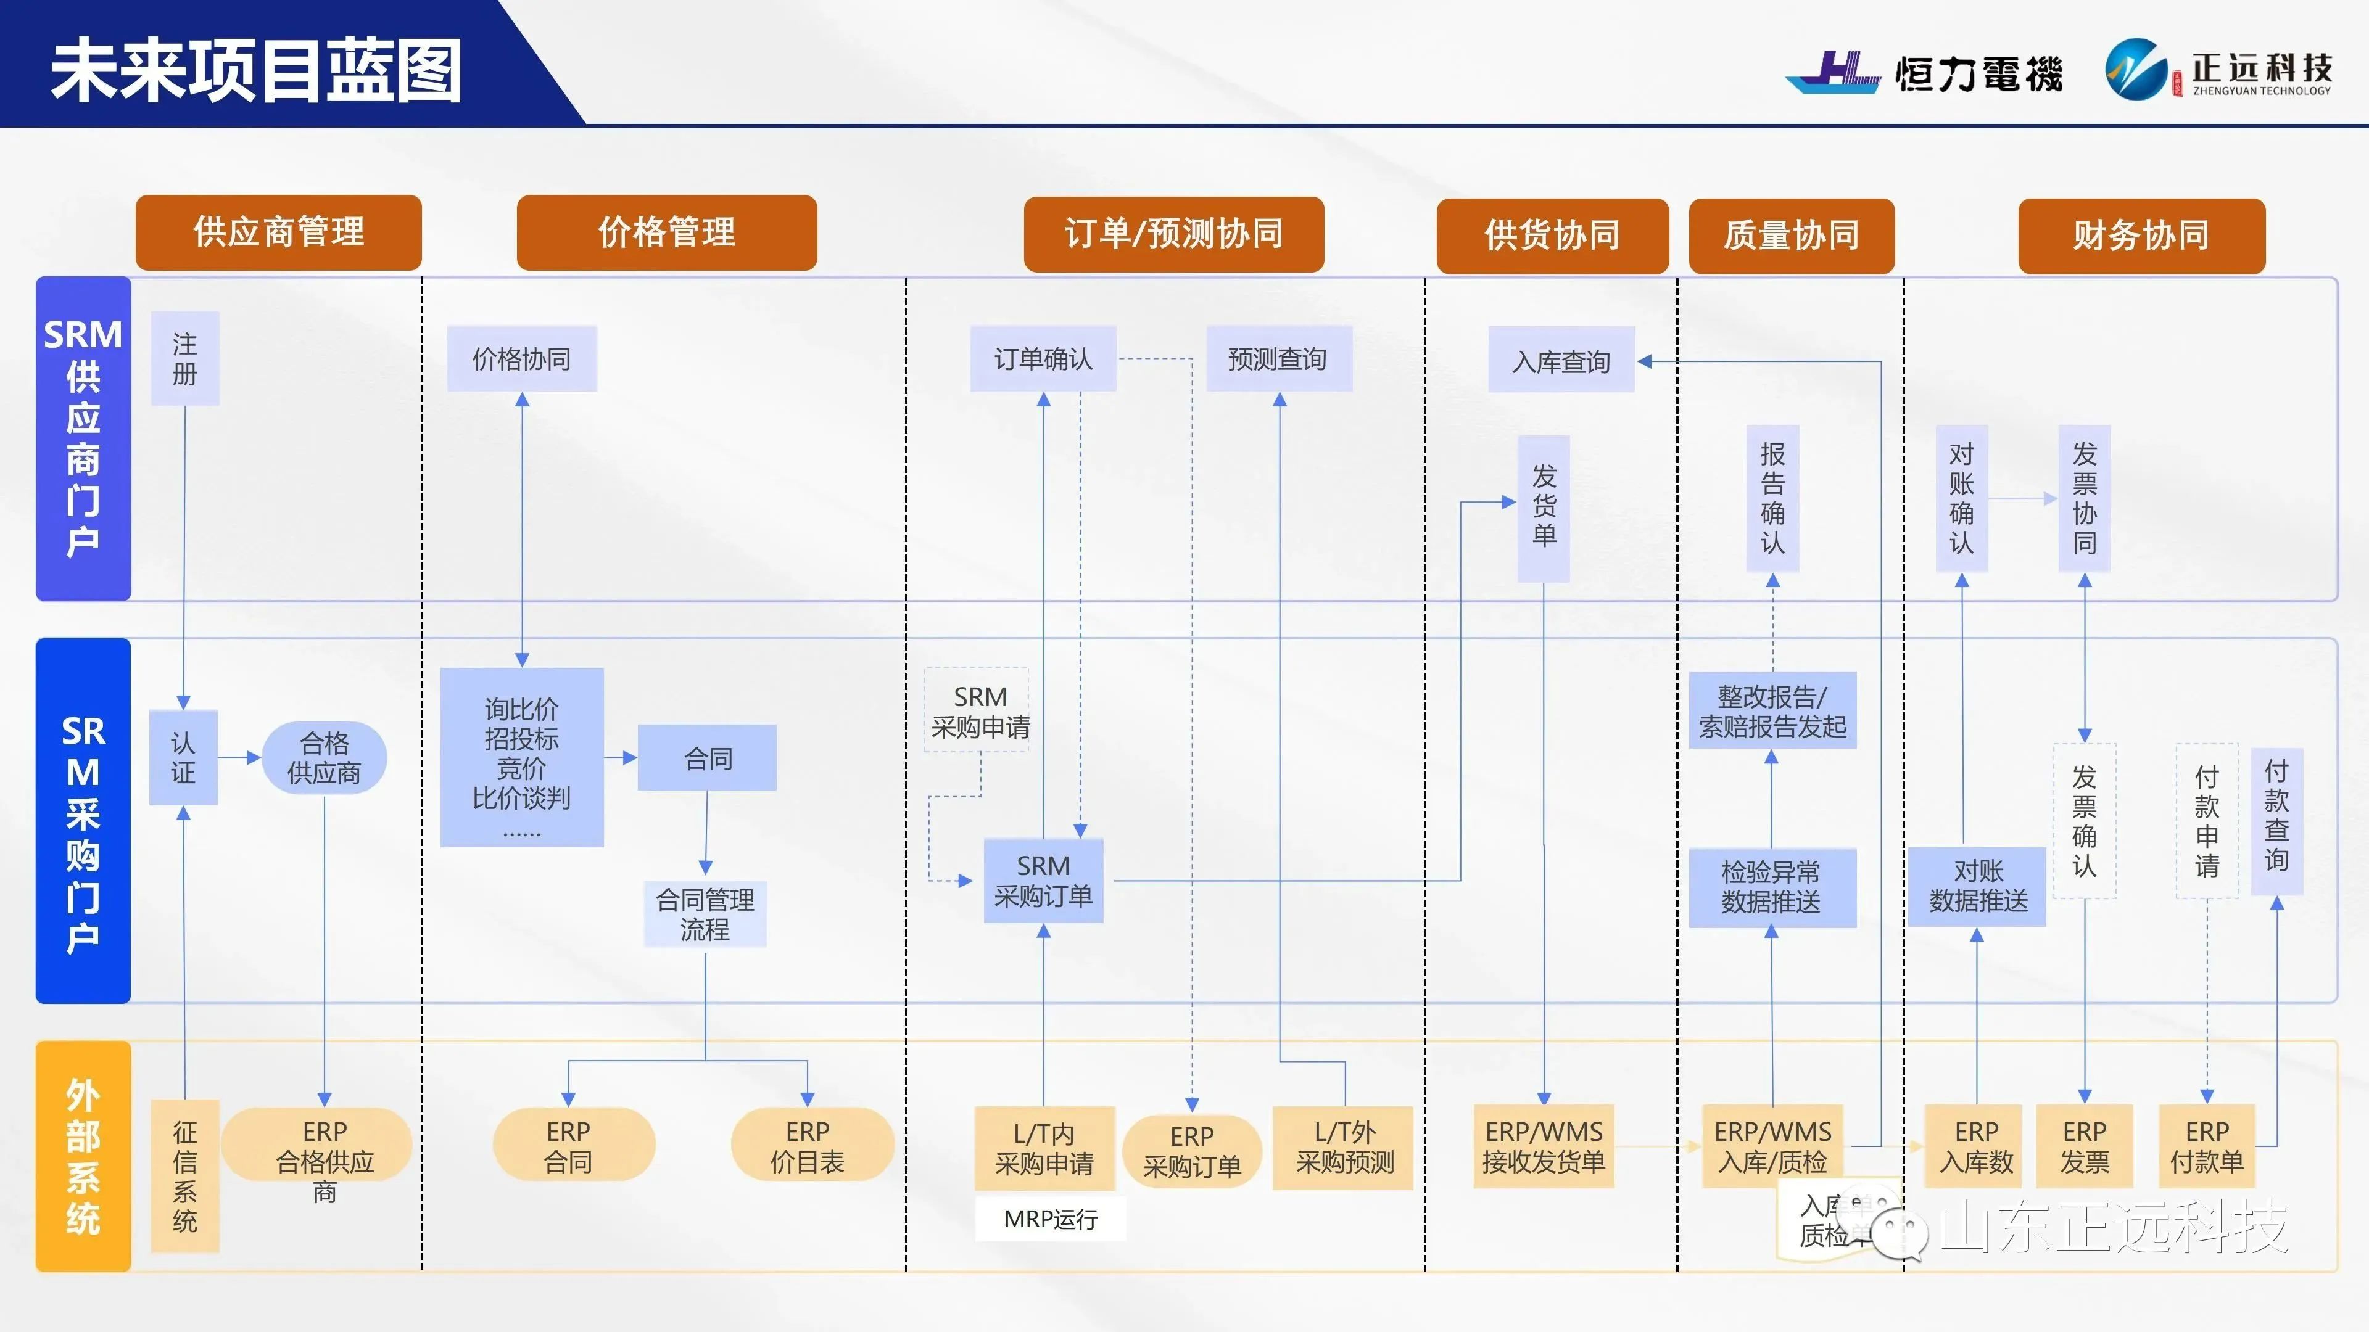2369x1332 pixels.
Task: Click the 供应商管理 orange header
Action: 279,232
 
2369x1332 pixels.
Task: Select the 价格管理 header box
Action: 667,232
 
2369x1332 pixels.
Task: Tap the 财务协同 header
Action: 2141,236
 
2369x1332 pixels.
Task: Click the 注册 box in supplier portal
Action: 185,358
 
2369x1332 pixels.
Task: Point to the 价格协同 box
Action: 521,358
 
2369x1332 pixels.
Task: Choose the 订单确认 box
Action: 1043,358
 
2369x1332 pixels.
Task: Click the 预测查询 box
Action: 1278,358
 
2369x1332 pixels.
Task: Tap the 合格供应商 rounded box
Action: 324,757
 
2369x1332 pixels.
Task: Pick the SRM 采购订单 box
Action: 1043,881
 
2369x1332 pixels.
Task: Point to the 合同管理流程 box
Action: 705,914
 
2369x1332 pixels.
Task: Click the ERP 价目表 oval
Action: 808,1145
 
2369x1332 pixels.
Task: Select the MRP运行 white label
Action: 1050,1219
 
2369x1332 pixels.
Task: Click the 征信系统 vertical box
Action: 185,1176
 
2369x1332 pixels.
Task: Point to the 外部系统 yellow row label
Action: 83,1156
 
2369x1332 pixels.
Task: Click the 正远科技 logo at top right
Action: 2218,70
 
